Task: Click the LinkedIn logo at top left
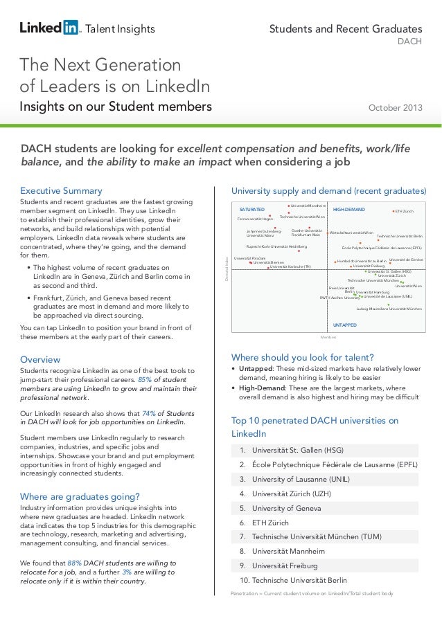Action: point(50,28)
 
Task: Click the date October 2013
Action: point(395,107)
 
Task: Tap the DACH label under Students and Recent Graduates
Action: point(409,42)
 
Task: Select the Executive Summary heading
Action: point(61,190)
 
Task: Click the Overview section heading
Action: point(40,359)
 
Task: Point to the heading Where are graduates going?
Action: point(80,496)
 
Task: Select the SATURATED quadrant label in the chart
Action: point(251,209)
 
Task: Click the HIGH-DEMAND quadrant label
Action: point(349,209)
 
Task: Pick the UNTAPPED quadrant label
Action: point(345,324)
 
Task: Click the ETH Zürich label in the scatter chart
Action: point(404,211)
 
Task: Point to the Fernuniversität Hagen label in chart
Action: point(255,219)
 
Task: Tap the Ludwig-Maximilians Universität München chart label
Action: point(389,309)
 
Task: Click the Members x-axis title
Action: point(328,336)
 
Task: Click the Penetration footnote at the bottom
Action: point(312,594)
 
